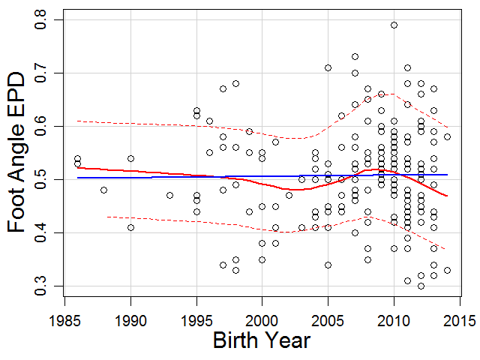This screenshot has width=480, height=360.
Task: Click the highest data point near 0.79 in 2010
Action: (x=394, y=25)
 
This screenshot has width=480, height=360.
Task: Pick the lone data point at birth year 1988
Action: (x=103, y=190)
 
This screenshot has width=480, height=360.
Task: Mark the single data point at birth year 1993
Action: (x=169, y=196)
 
